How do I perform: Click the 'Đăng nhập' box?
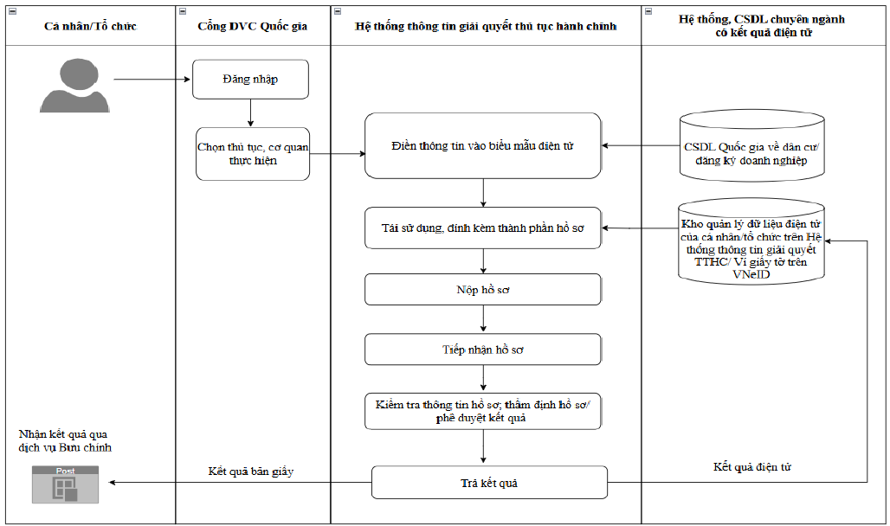[x=250, y=80]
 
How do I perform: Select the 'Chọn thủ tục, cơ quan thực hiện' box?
[x=253, y=154]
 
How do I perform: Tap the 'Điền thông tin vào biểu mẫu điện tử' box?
[x=482, y=146]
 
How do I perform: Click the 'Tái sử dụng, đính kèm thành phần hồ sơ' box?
[x=482, y=228]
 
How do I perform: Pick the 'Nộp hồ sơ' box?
[x=482, y=289]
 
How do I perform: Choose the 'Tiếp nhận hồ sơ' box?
[x=482, y=350]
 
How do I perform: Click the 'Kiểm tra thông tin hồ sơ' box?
[x=482, y=412]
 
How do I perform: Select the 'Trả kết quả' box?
[x=489, y=483]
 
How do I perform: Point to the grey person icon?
[x=75, y=85]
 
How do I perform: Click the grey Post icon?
[x=65, y=484]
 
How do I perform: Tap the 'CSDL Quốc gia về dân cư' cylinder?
[x=751, y=146]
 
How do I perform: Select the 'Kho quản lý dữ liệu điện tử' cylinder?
[x=751, y=241]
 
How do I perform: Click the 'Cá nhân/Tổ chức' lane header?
[x=91, y=26]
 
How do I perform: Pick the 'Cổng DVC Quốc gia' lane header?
[x=253, y=26]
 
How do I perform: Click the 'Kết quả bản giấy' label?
[x=251, y=471]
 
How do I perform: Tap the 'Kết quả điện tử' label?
[x=752, y=467]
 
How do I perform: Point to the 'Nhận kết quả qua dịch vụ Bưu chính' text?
[x=65, y=441]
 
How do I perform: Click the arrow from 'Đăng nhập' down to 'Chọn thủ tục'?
[x=250, y=113]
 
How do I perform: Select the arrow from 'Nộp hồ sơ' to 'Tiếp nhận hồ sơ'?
[x=483, y=319]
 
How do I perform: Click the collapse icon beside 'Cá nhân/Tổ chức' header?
[x=12, y=11]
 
